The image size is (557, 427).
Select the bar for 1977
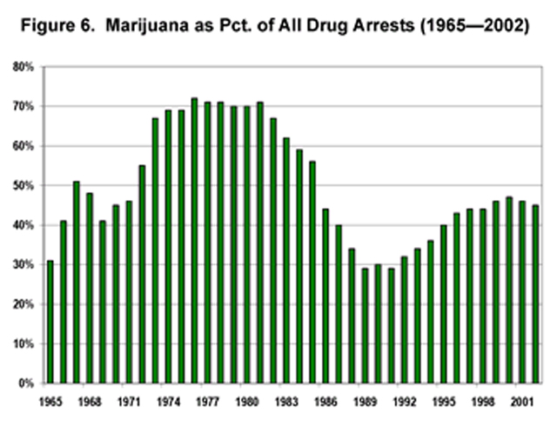pyautogui.click(x=207, y=243)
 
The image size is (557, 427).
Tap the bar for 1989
pyautogui.click(x=365, y=325)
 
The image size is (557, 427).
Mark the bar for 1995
pyautogui.click(x=444, y=304)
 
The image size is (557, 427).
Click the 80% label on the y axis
pyautogui.click(x=23, y=67)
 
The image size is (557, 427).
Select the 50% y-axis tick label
pyautogui.click(x=23, y=186)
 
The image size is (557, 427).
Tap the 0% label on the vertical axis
pyautogui.click(x=26, y=384)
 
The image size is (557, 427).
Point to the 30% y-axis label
pyautogui.click(x=23, y=265)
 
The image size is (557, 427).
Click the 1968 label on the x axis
pyautogui.click(x=90, y=404)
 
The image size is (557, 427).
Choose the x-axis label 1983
pyautogui.click(x=286, y=404)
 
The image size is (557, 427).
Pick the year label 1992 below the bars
pyautogui.click(x=404, y=404)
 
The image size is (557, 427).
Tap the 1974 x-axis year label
pyautogui.click(x=168, y=404)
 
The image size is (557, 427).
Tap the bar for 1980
pyautogui.click(x=247, y=244)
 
